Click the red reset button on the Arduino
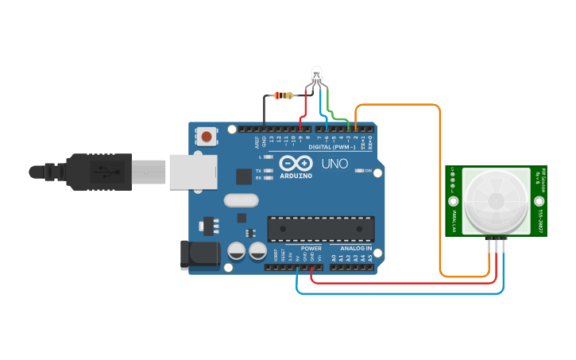(x=207, y=137)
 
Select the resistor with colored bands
(x=283, y=95)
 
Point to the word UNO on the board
(x=334, y=164)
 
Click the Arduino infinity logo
(x=294, y=161)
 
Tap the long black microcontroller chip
(x=320, y=228)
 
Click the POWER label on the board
(x=311, y=249)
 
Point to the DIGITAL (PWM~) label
(x=331, y=147)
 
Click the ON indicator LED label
(x=369, y=171)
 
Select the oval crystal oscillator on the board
(x=242, y=199)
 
